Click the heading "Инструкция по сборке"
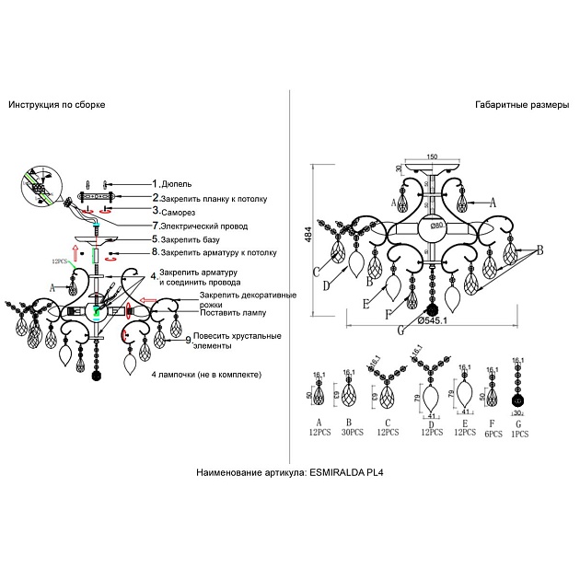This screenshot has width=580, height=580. tap(56, 105)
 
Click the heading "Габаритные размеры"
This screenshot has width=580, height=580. tap(522, 105)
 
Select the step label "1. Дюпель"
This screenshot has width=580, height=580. tap(171, 183)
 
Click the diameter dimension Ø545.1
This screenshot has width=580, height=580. tap(433, 320)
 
